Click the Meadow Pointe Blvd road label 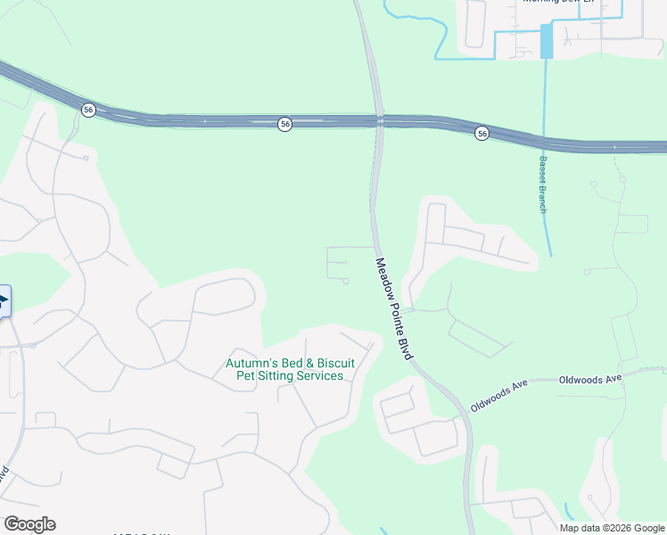[394, 309]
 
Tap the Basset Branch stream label [541, 185]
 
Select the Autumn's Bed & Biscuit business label [290, 369]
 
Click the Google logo [29, 524]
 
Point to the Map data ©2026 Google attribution [611, 528]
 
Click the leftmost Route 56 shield [87, 109]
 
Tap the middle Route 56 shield [284, 125]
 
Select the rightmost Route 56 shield [482, 133]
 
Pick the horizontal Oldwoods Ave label [589, 379]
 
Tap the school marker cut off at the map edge [4, 300]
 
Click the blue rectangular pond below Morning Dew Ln [547, 42]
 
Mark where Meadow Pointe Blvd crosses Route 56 [380, 121]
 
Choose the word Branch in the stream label [541, 198]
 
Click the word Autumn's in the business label [248, 363]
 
